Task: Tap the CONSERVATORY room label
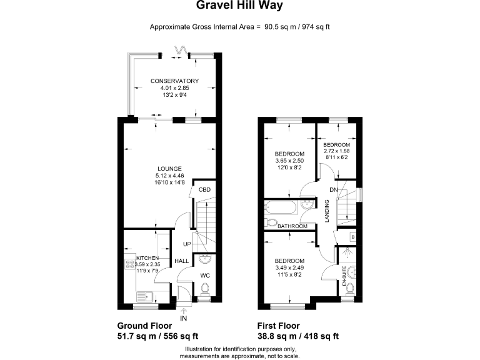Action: pos(174,81)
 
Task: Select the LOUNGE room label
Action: pos(169,168)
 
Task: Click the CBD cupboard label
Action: pos(204,189)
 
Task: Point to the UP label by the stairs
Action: pos(187,244)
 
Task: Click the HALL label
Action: pos(182,261)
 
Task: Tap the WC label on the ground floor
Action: pos(205,275)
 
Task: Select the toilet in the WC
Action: pos(205,288)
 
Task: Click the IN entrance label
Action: pos(183,319)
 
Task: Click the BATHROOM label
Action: pos(292,226)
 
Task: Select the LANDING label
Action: pos(327,211)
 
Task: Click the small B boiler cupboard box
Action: pos(353,237)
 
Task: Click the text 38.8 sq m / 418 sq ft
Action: pos(298,336)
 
